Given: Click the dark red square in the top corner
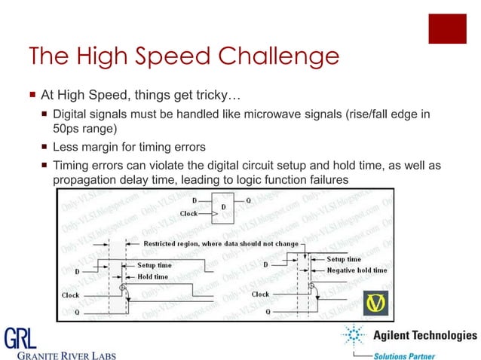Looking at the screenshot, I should tap(447, 29).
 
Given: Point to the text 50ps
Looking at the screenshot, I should tap(68, 129).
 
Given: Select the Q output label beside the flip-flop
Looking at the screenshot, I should tap(250, 201).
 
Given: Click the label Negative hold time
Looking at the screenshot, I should tap(357, 270).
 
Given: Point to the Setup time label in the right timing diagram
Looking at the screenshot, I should tap(344, 259).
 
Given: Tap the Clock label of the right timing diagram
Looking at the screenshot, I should tap(260, 294).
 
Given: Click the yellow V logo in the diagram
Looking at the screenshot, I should tap(375, 302).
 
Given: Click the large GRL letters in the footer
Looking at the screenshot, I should tap(20, 337).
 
